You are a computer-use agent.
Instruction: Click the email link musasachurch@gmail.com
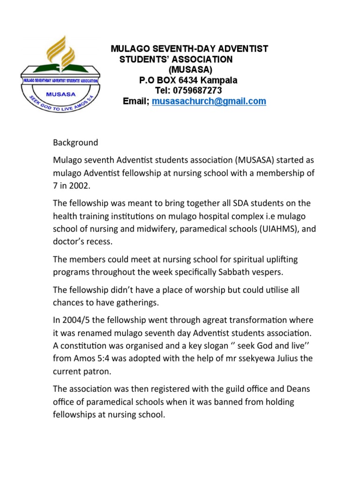coord(210,101)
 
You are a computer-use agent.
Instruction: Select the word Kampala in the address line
coord(218,80)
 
